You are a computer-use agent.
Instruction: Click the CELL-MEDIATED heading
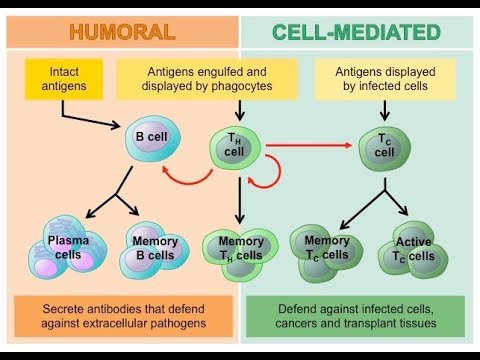(x=357, y=31)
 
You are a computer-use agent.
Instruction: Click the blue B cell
(x=155, y=139)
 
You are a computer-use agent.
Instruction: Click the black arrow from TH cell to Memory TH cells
(x=237, y=200)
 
